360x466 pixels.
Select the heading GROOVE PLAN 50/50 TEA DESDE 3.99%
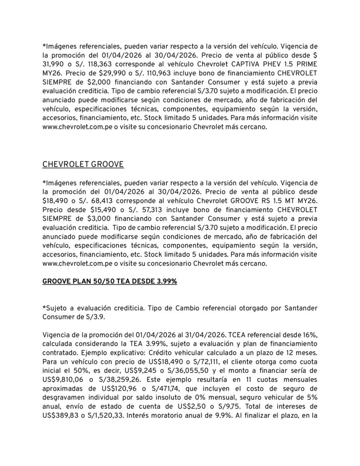point(109,282)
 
